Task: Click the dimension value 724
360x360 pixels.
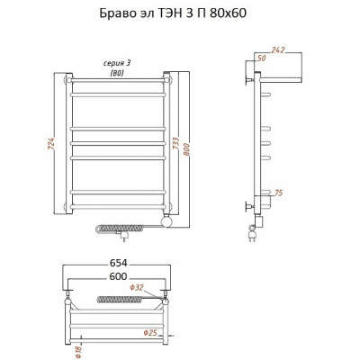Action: (x=51, y=144)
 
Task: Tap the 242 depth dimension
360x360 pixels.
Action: (x=278, y=50)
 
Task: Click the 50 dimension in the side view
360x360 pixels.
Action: (x=262, y=58)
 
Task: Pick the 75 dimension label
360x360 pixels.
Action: (x=279, y=193)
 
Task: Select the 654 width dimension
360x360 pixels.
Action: (x=118, y=263)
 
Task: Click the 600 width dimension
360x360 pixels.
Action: (x=118, y=276)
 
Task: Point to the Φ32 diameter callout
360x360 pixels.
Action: (x=137, y=288)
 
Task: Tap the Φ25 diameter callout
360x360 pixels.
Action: (x=150, y=333)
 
